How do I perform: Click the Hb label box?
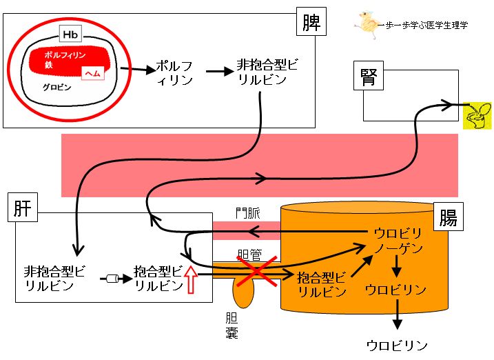pyautogui.click(x=70, y=34)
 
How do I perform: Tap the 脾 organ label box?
pyautogui.click(x=311, y=21)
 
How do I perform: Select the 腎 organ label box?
pyautogui.click(x=369, y=76)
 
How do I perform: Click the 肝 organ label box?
pyautogui.click(x=23, y=208)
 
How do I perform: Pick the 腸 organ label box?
pyautogui.click(x=449, y=217)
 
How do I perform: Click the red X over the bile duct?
pyautogui.click(x=257, y=270)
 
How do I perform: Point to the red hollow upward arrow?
pyautogui.click(x=191, y=279)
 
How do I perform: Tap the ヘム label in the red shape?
pyautogui.click(x=92, y=74)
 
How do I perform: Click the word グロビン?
pyautogui.click(x=57, y=88)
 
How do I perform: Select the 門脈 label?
pyautogui.click(x=248, y=213)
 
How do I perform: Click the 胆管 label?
pyautogui.click(x=249, y=254)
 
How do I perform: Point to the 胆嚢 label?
pyautogui.click(x=231, y=326)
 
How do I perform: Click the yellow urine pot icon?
pyautogui.click(x=477, y=115)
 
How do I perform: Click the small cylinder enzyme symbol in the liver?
pyautogui.click(x=112, y=279)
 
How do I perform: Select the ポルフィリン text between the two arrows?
pyautogui.click(x=174, y=73)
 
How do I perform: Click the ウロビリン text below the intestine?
pyautogui.click(x=397, y=346)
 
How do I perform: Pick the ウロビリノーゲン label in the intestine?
pyautogui.click(x=398, y=241)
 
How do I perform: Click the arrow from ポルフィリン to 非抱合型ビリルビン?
pyautogui.click(x=220, y=71)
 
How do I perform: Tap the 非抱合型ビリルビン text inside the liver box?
pyautogui.click(x=54, y=279)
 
